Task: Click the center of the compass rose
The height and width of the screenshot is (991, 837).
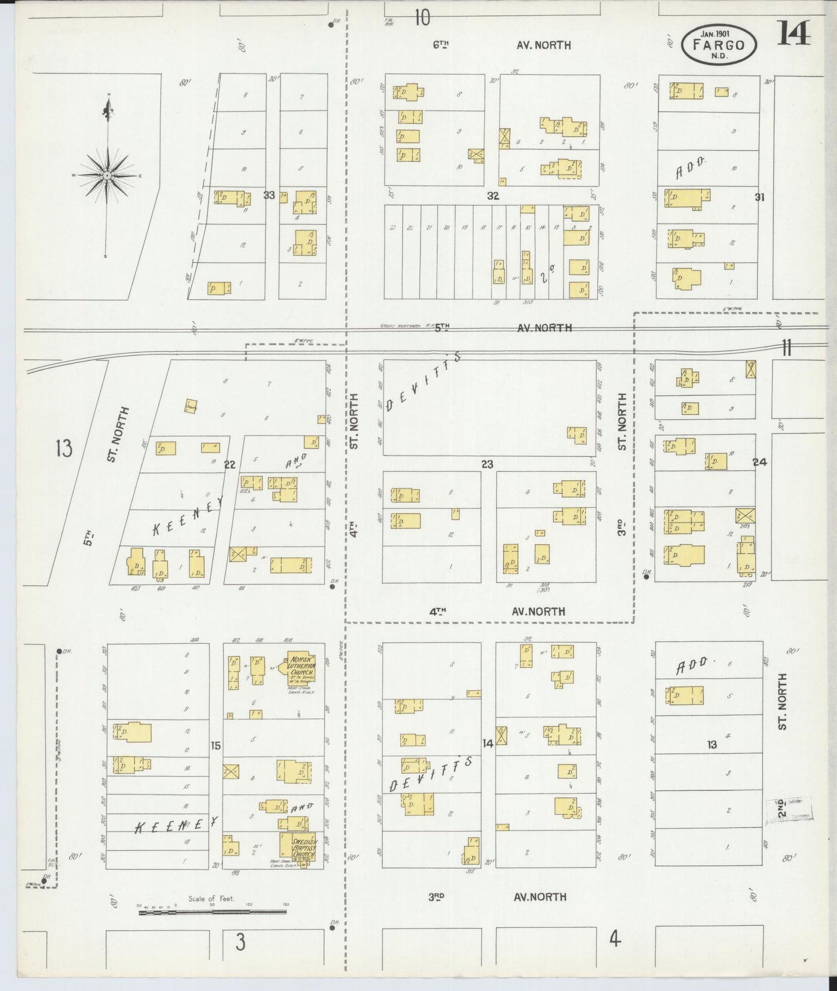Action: pyautogui.click(x=108, y=174)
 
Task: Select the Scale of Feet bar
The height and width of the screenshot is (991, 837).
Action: pyautogui.click(x=212, y=912)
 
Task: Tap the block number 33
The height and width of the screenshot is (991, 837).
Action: pyautogui.click(x=269, y=195)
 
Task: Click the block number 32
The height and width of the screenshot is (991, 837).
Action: pyautogui.click(x=492, y=196)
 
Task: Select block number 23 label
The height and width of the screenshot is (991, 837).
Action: pyautogui.click(x=487, y=464)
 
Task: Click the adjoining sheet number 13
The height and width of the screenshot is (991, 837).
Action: pyautogui.click(x=64, y=448)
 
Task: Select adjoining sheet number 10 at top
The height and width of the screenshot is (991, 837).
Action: pyautogui.click(x=422, y=19)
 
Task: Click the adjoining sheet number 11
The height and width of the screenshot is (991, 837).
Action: pyautogui.click(x=786, y=348)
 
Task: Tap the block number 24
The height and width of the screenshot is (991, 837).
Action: pyautogui.click(x=759, y=462)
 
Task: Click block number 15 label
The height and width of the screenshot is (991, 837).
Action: pyautogui.click(x=215, y=746)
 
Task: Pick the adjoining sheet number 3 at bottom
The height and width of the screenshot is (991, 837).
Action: pyautogui.click(x=240, y=942)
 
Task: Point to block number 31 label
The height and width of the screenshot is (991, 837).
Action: pyautogui.click(x=759, y=197)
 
